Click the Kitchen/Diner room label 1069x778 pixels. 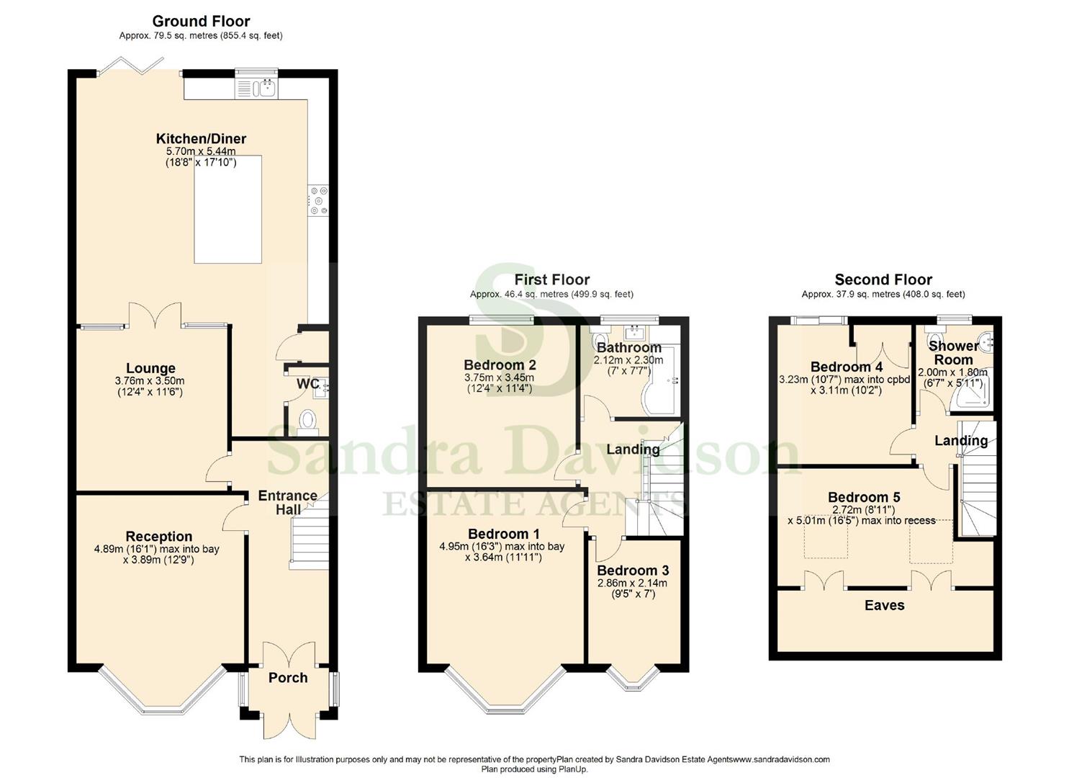click(x=201, y=139)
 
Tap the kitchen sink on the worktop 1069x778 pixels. click(x=256, y=89)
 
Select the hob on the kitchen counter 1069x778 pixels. click(x=318, y=201)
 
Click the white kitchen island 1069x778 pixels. click(x=227, y=209)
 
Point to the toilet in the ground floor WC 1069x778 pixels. click(x=307, y=420)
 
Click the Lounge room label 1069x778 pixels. click(x=150, y=369)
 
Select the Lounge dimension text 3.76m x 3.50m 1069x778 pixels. click(x=150, y=381)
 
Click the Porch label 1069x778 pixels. click(x=288, y=678)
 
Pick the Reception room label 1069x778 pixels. click(x=158, y=537)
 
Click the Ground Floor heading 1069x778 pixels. click(x=201, y=22)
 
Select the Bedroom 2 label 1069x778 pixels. click(x=500, y=365)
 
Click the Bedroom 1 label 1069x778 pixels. click(x=503, y=535)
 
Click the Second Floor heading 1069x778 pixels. click(x=883, y=280)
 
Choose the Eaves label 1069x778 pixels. click(x=884, y=606)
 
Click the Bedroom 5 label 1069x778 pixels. click(x=864, y=498)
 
